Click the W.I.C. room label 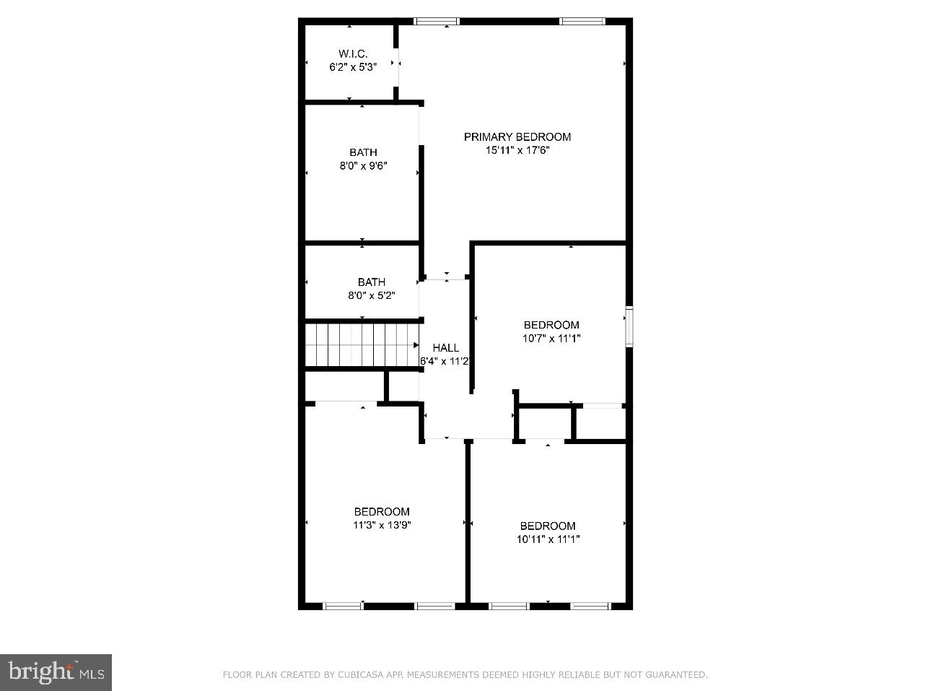[x=353, y=53]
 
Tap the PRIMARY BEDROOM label [x=517, y=136]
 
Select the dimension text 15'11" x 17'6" [x=517, y=150]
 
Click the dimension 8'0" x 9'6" [x=363, y=165]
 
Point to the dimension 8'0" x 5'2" [x=371, y=295]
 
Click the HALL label [x=445, y=347]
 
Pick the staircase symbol [x=362, y=345]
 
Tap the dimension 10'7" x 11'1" [x=551, y=338]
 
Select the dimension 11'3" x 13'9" [x=381, y=525]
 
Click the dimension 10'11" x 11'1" [x=548, y=539]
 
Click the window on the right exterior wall [x=629, y=327]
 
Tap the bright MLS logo [x=56, y=673]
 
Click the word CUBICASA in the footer [x=359, y=675]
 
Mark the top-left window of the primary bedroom [x=437, y=22]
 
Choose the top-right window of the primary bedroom [x=582, y=22]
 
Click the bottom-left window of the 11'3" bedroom [x=343, y=606]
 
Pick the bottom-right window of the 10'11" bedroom [x=591, y=606]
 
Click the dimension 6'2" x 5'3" [x=353, y=67]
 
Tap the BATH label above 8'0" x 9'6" [x=363, y=152]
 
